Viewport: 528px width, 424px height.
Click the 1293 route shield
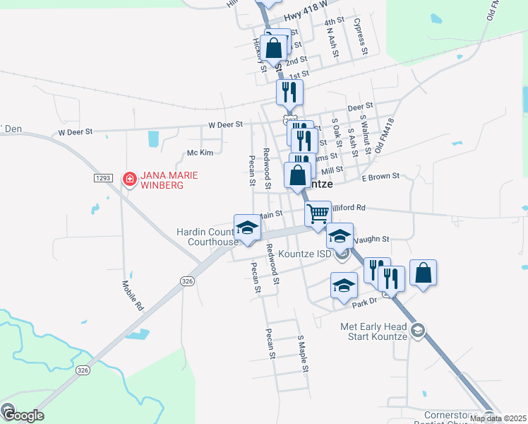coord(102,178)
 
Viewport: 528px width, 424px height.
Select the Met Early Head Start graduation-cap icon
coord(418,330)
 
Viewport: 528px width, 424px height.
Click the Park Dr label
coord(364,301)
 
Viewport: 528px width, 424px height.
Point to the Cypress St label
coord(361,36)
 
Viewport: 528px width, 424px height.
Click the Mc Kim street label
coord(200,153)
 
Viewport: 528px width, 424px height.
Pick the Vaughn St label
coord(375,240)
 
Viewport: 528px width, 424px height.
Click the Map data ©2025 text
coord(497,418)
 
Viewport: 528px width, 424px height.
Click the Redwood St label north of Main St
coord(268,169)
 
